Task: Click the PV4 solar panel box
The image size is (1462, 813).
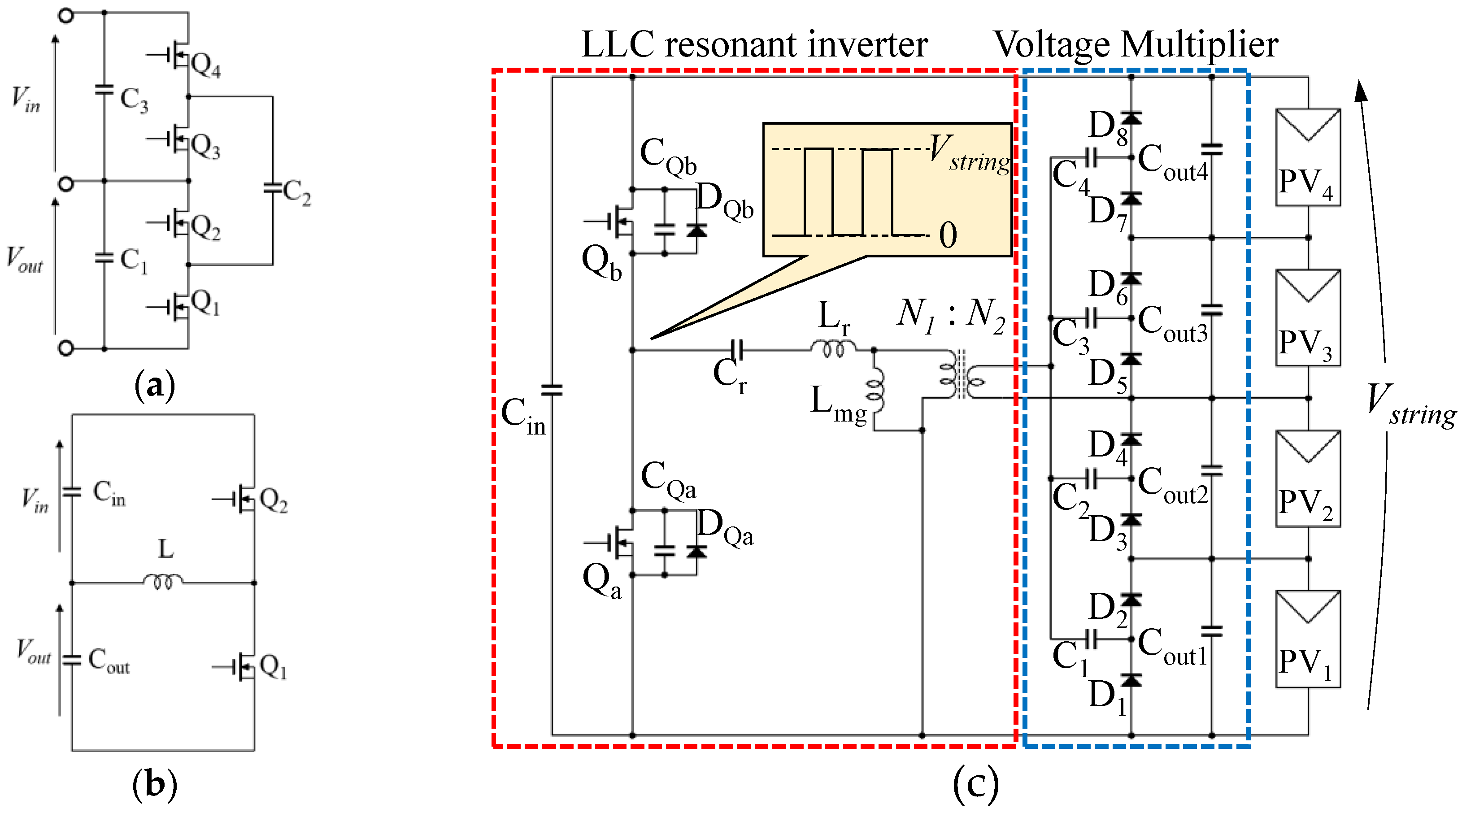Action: [1308, 157]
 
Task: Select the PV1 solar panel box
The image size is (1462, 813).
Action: [1308, 639]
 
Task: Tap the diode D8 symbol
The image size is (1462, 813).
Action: [1131, 118]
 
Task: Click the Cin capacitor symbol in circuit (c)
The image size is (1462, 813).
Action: [552, 390]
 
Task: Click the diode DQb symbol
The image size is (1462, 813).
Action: [696, 230]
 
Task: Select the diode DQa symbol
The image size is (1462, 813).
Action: [696, 552]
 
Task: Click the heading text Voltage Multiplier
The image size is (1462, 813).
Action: [1136, 44]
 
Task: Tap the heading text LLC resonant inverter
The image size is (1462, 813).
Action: [754, 44]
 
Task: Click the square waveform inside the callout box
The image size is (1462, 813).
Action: [849, 192]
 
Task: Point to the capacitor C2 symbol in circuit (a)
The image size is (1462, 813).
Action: [273, 188]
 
